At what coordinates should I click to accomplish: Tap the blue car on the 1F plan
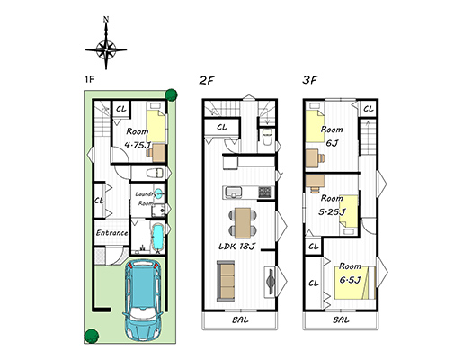point(143,300)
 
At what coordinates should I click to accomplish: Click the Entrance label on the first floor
point(111,233)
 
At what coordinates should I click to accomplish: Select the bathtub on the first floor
point(157,238)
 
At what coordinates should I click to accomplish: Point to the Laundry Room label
point(146,199)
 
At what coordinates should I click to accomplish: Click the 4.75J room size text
point(138,145)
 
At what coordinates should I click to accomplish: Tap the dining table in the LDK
point(243,223)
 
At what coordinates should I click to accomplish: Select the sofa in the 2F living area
point(226,281)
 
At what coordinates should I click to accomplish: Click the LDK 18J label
point(237,247)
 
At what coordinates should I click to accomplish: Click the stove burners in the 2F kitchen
point(264,193)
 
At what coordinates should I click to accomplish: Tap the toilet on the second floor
point(267,137)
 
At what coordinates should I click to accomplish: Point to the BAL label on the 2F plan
point(240,319)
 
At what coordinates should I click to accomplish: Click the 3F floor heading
point(310,80)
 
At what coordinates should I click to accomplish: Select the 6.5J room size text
point(350,280)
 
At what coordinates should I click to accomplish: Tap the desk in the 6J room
point(313,158)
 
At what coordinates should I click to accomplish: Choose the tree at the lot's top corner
point(172,94)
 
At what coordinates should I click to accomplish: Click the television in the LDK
point(270,282)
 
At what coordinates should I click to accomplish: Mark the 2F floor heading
point(207,80)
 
